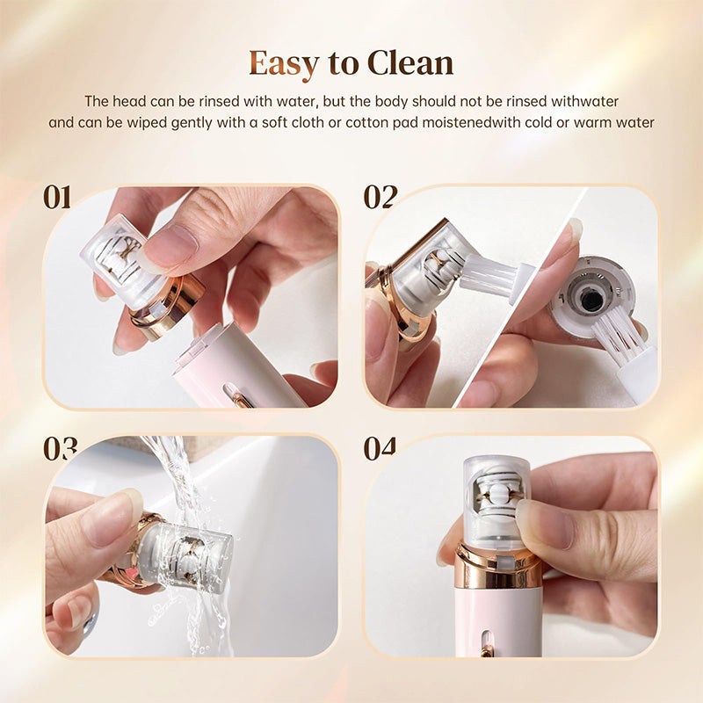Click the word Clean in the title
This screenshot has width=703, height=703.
(409, 63)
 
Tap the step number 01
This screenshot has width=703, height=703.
(58, 198)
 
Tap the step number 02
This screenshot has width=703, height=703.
(380, 198)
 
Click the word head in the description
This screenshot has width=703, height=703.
(128, 101)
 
